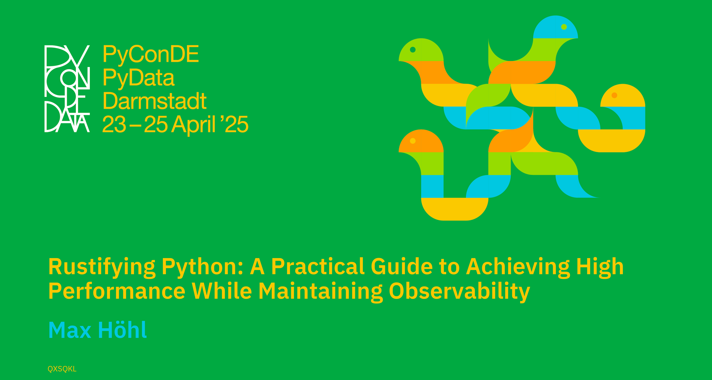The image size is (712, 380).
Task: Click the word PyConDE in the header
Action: pyautogui.click(x=151, y=54)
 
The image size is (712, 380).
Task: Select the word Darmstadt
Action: pyautogui.click(x=155, y=101)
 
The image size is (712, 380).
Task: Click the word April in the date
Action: pyautogui.click(x=193, y=125)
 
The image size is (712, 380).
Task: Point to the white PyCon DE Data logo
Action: pyautogui.click(x=67, y=88)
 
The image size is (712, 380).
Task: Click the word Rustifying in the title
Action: pyautogui.click(x=102, y=267)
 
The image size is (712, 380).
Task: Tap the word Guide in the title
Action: pyautogui.click(x=401, y=267)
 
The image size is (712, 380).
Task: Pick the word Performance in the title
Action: pyautogui.click(x=117, y=291)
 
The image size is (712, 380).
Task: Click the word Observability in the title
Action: pyautogui.click(x=459, y=291)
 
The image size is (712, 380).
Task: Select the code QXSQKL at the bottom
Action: pyautogui.click(x=62, y=369)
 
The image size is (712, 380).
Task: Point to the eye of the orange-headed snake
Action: pyautogui.click(x=413, y=141)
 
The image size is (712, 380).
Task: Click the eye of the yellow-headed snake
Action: pyautogui.click(x=614, y=95)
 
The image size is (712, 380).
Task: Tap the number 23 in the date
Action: pyautogui.click(x=114, y=125)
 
